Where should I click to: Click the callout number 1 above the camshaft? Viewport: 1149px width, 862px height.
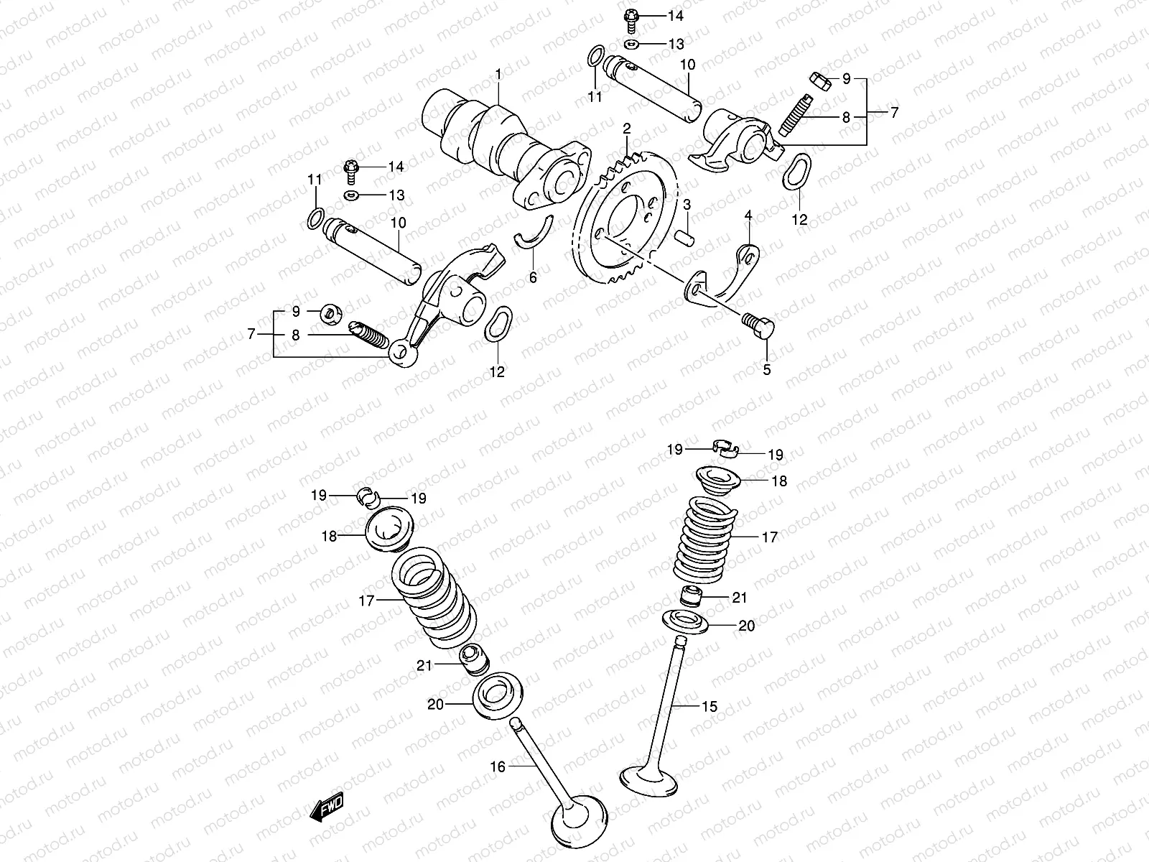click(x=498, y=74)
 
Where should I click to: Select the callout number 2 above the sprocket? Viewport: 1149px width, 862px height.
click(x=627, y=129)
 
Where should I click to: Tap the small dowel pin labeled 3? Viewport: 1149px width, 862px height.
click(x=687, y=234)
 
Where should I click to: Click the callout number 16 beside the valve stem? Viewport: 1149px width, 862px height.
click(x=498, y=767)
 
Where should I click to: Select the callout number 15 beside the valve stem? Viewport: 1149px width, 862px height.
click(x=710, y=707)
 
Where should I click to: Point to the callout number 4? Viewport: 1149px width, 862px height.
click(x=748, y=215)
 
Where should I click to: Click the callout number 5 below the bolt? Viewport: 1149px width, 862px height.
click(x=766, y=370)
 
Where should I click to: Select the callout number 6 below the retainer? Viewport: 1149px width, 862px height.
click(x=533, y=278)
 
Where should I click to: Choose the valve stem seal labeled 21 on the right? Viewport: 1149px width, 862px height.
click(x=690, y=595)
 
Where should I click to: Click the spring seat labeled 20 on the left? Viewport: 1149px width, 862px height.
click(x=495, y=695)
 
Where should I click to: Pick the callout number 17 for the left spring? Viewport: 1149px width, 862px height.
click(x=367, y=601)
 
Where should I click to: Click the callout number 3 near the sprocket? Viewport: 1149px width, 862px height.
click(x=687, y=205)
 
